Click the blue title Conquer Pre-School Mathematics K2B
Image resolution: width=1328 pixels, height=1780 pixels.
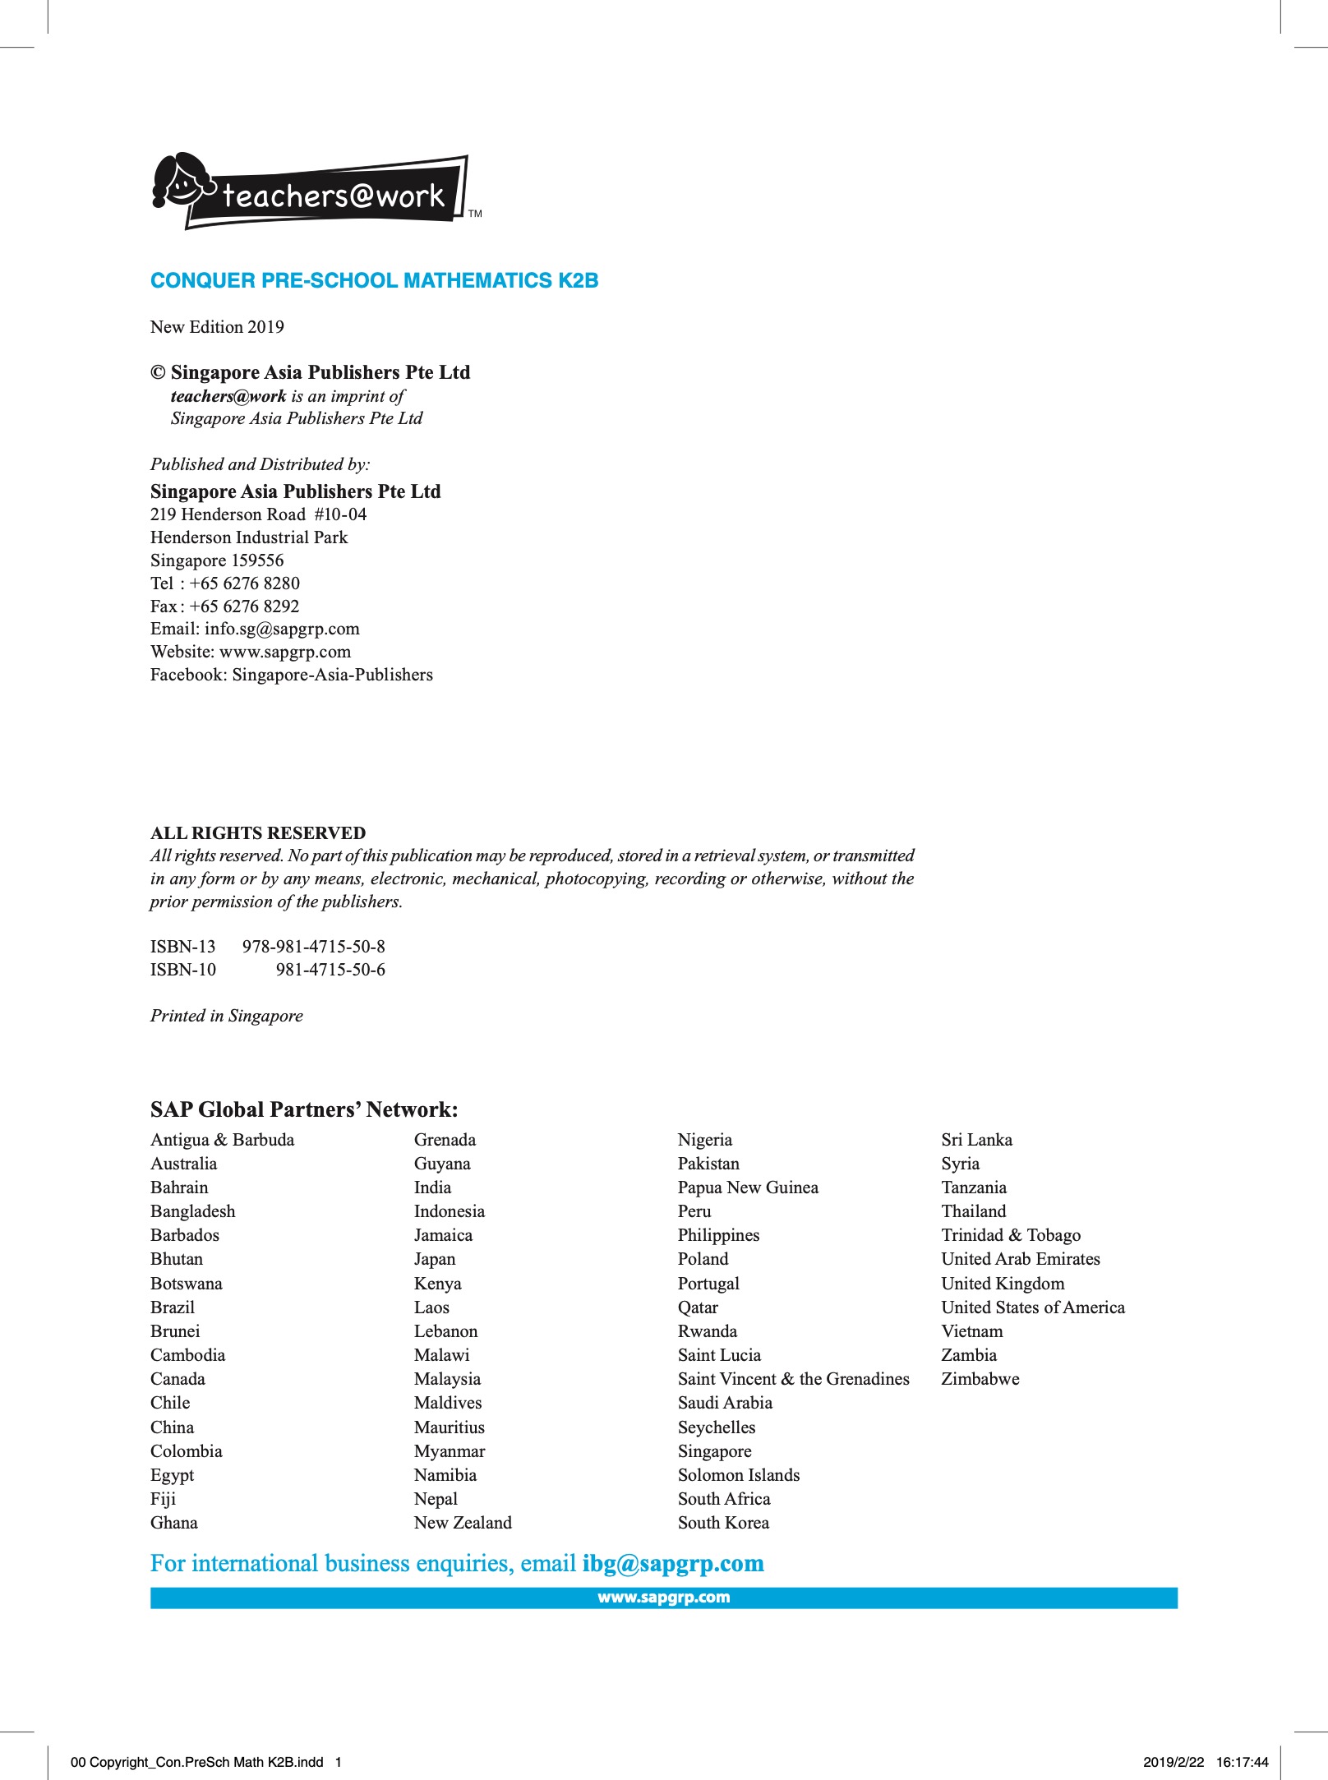pyautogui.click(x=374, y=280)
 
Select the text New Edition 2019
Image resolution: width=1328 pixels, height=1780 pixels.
pyautogui.click(x=217, y=327)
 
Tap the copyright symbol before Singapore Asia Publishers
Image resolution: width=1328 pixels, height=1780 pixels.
pyautogui.click(x=158, y=372)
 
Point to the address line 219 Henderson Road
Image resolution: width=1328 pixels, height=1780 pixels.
pyautogui.click(x=258, y=514)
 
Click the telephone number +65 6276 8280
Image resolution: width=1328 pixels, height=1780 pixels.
pyautogui.click(x=244, y=583)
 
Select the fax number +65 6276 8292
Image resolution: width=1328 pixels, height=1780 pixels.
pyautogui.click(x=244, y=606)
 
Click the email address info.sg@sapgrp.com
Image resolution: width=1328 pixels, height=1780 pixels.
pyautogui.click(x=282, y=629)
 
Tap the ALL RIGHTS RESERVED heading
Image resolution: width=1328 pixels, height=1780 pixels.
pyautogui.click(x=258, y=832)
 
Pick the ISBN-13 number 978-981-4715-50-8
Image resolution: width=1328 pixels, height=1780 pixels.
pyautogui.click(x=313, y=947)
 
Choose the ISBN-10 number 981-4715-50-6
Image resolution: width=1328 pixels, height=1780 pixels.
pyautogui.click(x=330, y=970)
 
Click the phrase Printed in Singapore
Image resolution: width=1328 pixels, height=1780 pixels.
pyautogui.click(x=226, y=1016)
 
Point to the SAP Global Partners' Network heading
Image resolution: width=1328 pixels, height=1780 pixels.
pyautogui.click(x=304, y=1109)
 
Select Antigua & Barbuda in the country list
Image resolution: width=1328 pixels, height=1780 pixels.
pyautogui.click(x=222, y=1140)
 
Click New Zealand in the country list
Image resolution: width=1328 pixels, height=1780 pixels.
pyautogui.click(x=463, y=1523)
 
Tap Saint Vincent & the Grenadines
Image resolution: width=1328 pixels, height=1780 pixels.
pyautogui.click(x=793, y=1379)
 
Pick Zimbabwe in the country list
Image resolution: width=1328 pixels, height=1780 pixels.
pyautogui.click(x=980, y=1379)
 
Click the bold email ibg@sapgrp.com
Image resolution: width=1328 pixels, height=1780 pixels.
pyautogui.click(x=673, y=1563)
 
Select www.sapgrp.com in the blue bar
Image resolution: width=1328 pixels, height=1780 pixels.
pyautogui.click(x=663, y=1598)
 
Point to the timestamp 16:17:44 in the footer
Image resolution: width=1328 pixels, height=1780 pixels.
pyautogui.click(x=1242, y=1762)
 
